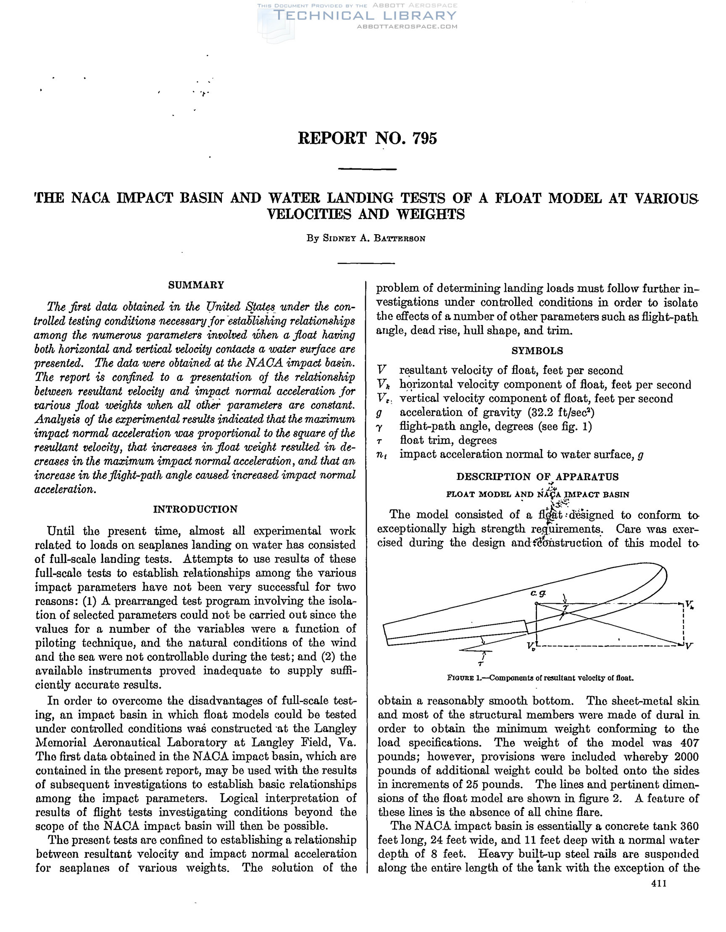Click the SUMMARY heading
pos(196,285)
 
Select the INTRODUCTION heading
pos(195,509)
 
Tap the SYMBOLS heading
pos(537,351)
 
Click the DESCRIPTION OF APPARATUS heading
pos(537,477)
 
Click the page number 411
pos(659,884)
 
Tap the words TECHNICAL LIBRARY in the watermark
pos(365,16)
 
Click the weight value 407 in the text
pos(689,743)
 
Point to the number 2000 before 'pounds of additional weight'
pos(687,757)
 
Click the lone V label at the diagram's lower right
pos(689,646)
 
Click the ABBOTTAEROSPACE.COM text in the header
pos(407,26)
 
